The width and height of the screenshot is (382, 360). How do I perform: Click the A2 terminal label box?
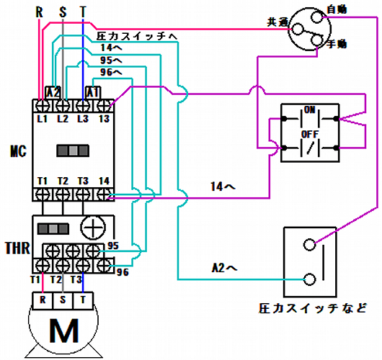pyautogui.click(x=53, y=92)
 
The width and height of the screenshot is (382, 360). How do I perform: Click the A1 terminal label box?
pyautogui.click(x=93, y=92)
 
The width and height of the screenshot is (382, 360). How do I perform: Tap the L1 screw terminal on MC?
pyautogui.click(x=43, y=106)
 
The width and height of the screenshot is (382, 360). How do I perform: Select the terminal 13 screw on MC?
pyautogui.click(x=104, y=106)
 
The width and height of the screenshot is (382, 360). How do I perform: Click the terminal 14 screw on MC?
pyautogui.click(x=104, y=194)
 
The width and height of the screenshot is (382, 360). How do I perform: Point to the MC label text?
pyautogui.click(x=18, y=151)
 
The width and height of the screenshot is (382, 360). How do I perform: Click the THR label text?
pyautogui.click(x=17, y=248)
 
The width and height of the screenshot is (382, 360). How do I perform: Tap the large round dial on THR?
pyautogui.click(x=93, y=228)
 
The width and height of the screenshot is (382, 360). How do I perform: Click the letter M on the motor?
pyautogui.click(x=64, y=330)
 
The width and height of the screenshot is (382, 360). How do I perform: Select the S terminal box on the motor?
pyautogui.click(x=63, y=301)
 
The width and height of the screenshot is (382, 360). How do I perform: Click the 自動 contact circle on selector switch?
pyautogui.click(x=317, y=17)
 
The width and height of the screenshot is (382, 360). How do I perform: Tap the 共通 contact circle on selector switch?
pyautogui.click(x=298, y=29)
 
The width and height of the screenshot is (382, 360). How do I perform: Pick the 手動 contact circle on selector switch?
pyautogui.click(x=316, y=40)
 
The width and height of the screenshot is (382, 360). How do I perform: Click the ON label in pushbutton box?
pyautogui.click(x=310, y=109)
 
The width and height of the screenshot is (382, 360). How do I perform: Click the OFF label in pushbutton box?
pyautogui.click(x=310, y=134)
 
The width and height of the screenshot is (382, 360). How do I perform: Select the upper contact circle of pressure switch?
pyautogui.click(x=309, y=244)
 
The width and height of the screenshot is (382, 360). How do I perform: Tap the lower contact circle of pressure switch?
pyautogui.click(x=309, y=279)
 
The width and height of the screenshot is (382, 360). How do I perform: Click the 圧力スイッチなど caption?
pyautogui.click(x=313, y=308)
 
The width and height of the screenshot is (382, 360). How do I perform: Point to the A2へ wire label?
pyautogui.click(x=224, y=268)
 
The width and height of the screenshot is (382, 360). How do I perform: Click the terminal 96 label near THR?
pyautogui.click(x=123, y=272)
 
